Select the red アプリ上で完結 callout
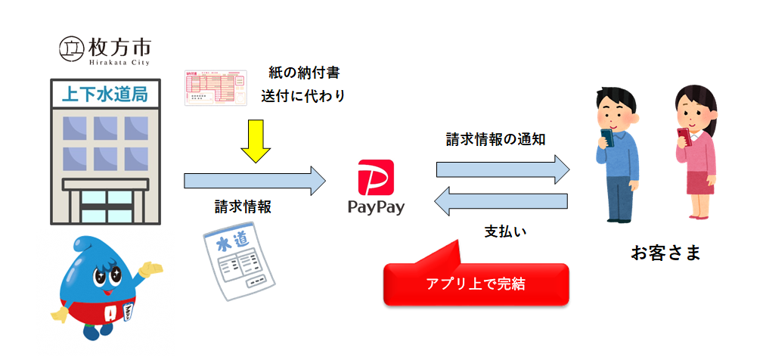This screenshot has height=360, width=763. click(476, 284)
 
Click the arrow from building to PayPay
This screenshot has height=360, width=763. click(254, 181)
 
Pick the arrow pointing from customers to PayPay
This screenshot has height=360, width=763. click(502, 201)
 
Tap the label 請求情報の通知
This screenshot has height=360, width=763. click(496, 139)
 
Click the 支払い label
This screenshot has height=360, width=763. click(505, 231)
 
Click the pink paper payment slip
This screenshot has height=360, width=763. click(216, 88)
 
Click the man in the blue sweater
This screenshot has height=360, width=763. click(616, 155)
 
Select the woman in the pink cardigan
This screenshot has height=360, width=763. click(694, 151)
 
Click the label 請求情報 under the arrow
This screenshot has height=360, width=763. click(243, 206)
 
